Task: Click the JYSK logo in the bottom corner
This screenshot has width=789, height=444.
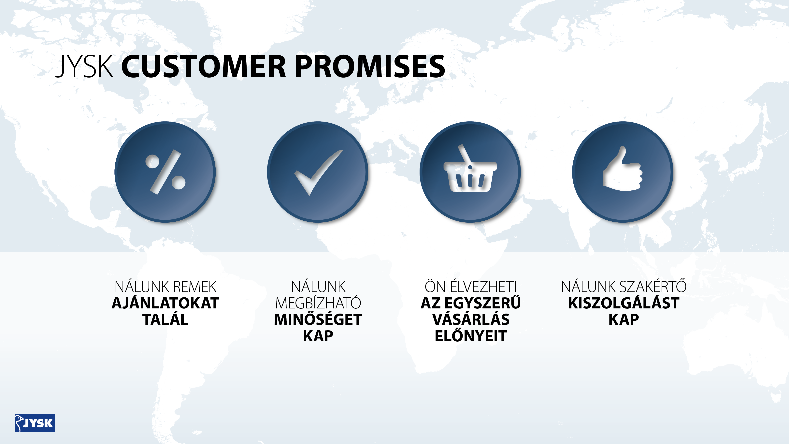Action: pyautogui.click(x=35, y=423)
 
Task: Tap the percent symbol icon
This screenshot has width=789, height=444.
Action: pyautogui.click(x=166, y=172)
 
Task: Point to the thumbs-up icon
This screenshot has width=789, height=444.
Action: pyautogui.click(x=622, y=168)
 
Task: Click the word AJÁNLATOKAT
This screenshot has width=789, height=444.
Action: pyautogui.click(x=165, y=303)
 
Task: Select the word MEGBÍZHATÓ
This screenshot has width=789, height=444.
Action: pyautogui.click(x=318, y=303)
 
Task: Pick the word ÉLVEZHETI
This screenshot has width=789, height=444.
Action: pyautogui.click(x=483, y=287)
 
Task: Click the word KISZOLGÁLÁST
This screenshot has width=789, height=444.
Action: pyautogui.click(x=624, y=303)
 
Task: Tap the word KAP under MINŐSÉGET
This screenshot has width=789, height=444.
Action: pyautogui.click(x=318, y=336)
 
